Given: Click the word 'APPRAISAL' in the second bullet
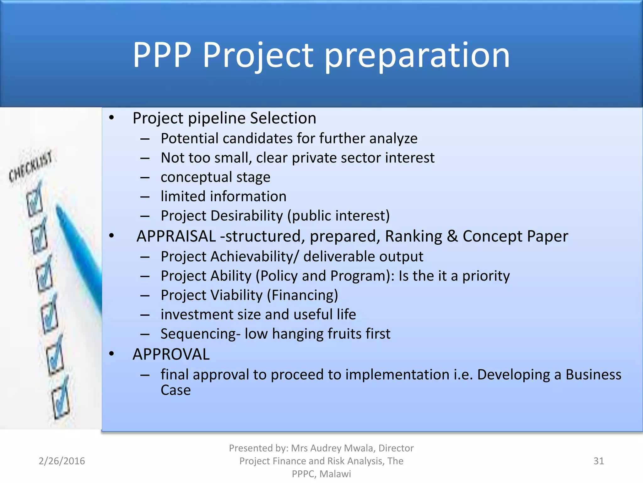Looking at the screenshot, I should pyautogui.click(x=176, y=236).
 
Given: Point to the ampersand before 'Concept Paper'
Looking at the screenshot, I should pyautogui.click(x=452, y=236).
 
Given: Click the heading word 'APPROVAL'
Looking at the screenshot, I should pyautogui.click(x=171, y=354).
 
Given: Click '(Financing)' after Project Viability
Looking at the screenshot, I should pyautogui.click(x=302, y=295).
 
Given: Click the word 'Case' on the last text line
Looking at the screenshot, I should pyautogui.click(x=176, y=390).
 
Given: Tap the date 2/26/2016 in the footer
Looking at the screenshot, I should pyautogui.click(x=62, y=461).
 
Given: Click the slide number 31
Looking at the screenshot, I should pyautogui.click(x=598, y=461).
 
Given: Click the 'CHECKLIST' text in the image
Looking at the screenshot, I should pyautogui.click(x=30, y=166).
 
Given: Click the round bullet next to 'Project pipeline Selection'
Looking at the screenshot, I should pyautogui.click(x=111, y=118).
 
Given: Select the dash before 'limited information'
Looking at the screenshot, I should pyautogui.click(x=145, y=197).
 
